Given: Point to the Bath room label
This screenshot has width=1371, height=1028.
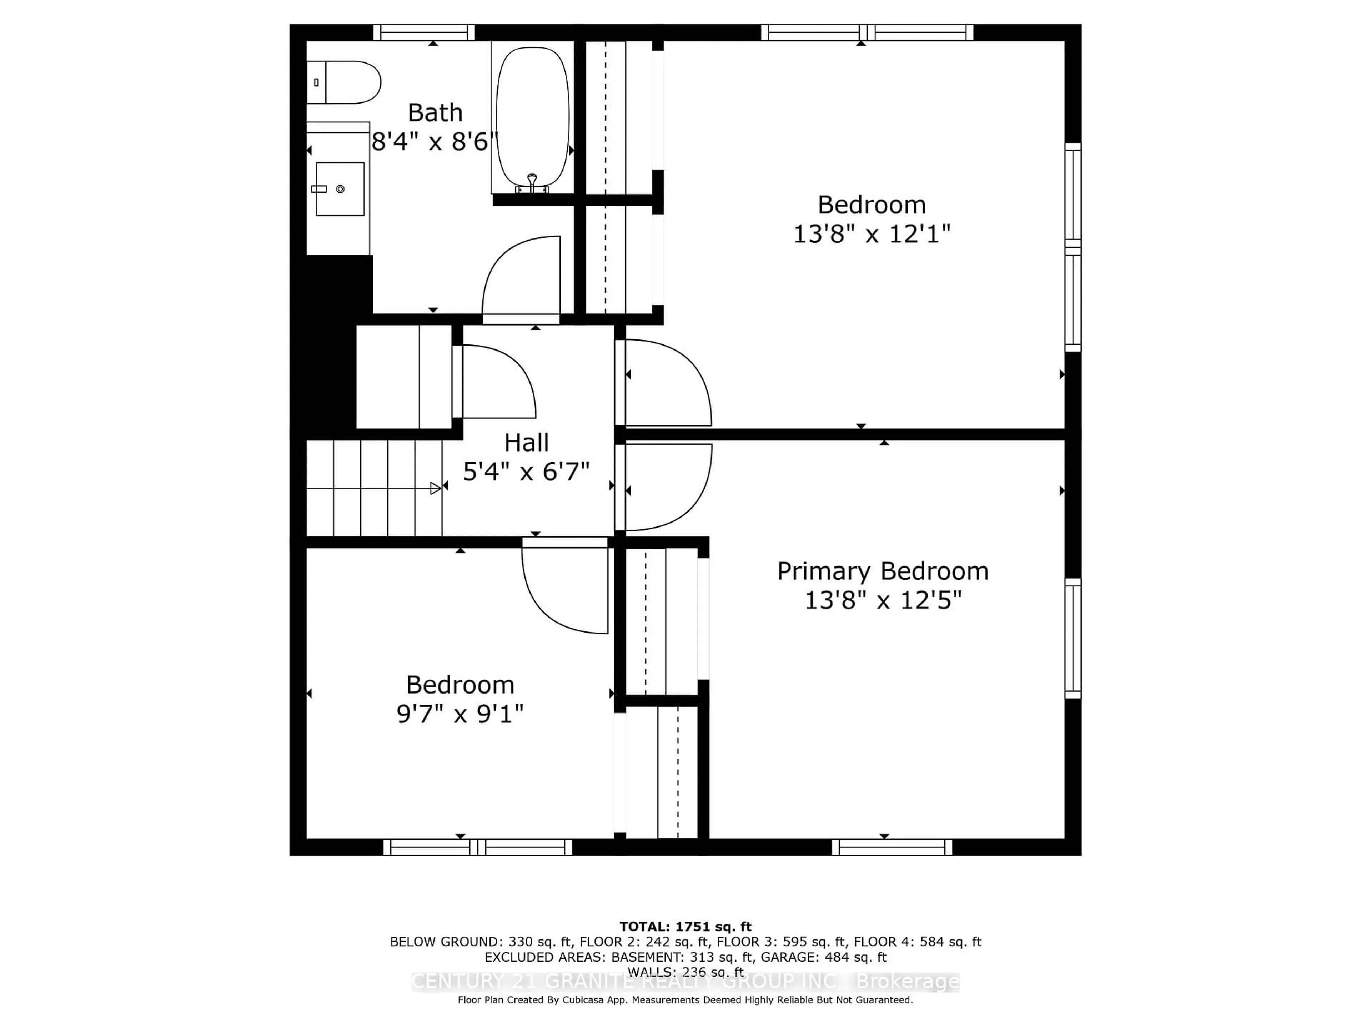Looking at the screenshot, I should [435, 113].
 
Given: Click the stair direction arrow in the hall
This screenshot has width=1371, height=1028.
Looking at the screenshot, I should [435, 488].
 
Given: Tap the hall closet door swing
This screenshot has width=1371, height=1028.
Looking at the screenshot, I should [499, 381].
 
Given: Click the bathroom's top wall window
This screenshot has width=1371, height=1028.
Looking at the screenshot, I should [424, 32].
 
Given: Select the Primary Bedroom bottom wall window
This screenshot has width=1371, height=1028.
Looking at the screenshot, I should [891, 847].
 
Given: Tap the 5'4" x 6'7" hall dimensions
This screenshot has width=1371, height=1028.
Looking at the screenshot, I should [526, 472].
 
